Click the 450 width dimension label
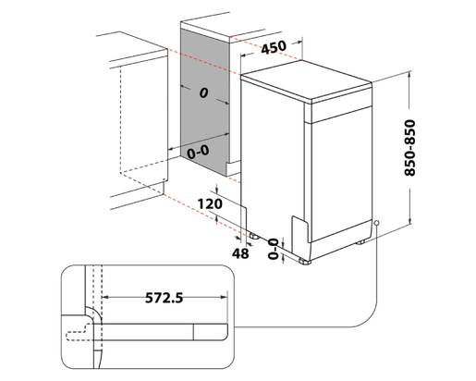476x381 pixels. (274, 47)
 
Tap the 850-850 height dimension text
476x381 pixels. (409, 148)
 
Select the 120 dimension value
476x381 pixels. (210, 204)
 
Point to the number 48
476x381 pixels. (240, 253)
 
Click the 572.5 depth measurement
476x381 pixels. (164, 298)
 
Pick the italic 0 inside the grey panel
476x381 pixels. (203, 92)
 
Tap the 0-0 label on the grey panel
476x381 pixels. (199, 152)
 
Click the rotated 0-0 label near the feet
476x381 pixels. (274, 249)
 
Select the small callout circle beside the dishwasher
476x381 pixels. (376, 223)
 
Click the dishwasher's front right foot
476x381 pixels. (305, 262)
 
